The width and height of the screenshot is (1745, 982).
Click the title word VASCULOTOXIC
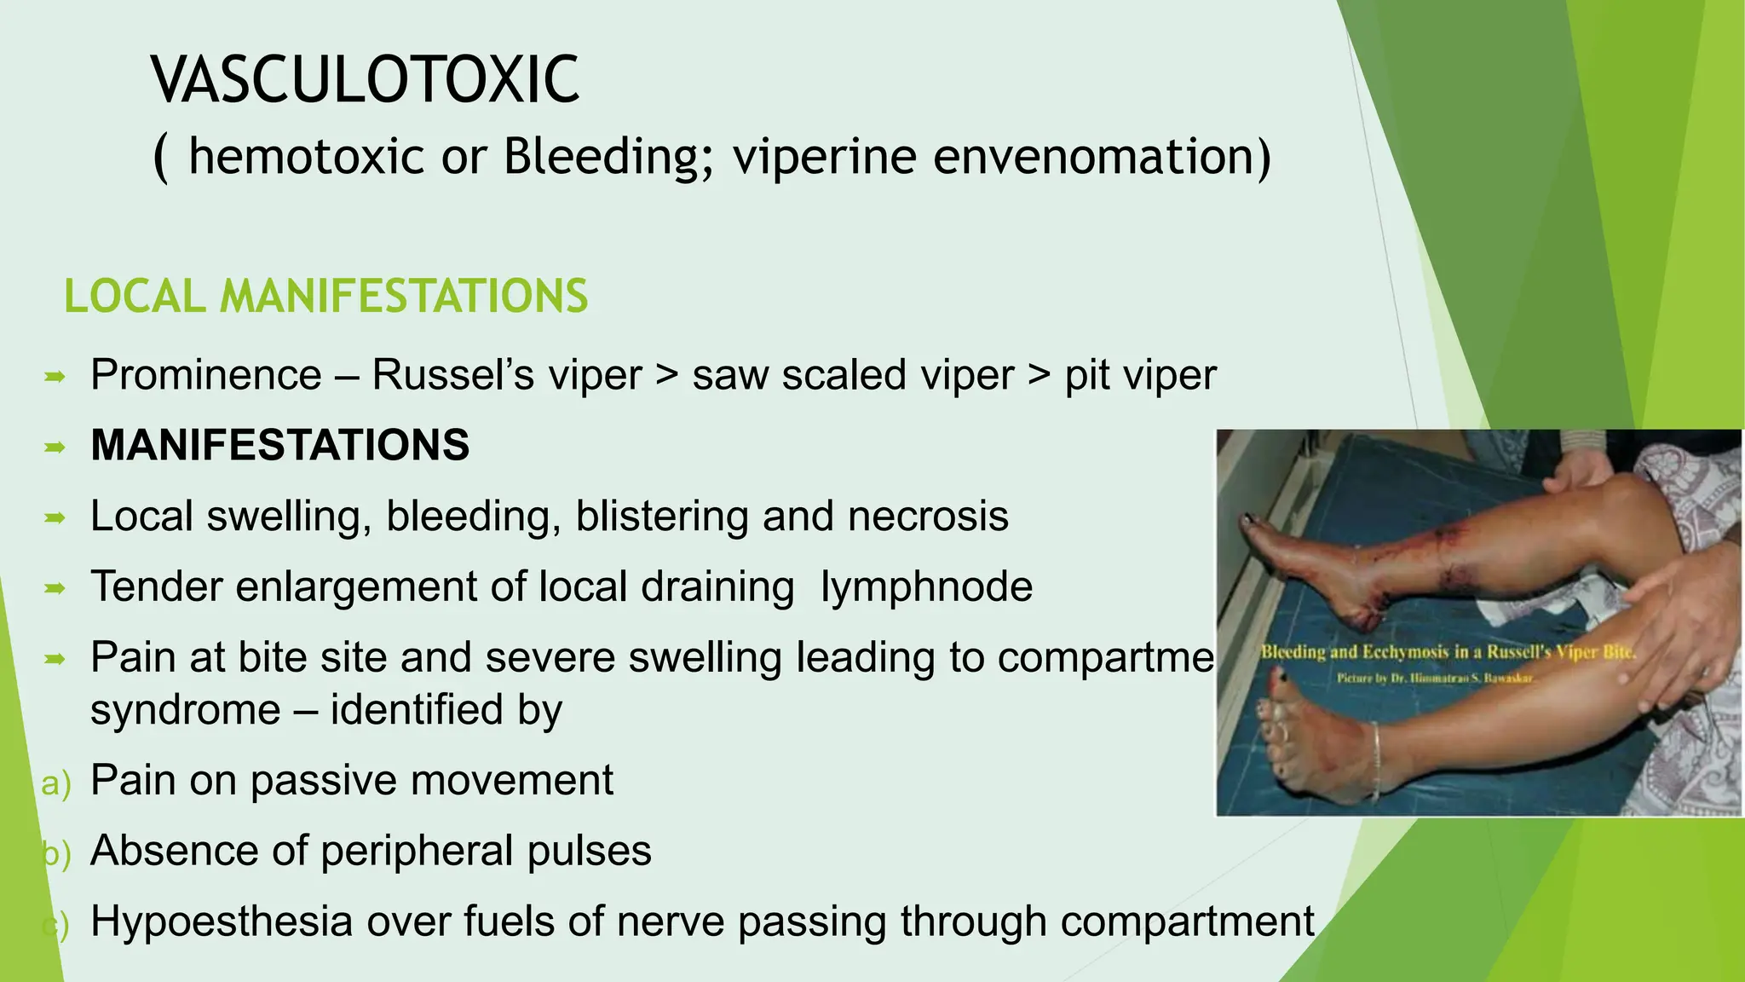[x=366, y=79]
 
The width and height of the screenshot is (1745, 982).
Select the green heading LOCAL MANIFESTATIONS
[x=325, y=297]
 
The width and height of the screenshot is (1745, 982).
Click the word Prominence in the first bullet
[x=206, y=375]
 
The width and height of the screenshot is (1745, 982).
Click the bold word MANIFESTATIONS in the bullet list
[x=280, y=445]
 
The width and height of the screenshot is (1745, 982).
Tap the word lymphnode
[x=926, y=586]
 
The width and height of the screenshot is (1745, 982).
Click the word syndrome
[x=185, y=710]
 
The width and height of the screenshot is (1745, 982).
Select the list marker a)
[x=55, y=783]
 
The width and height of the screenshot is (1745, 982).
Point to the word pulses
[x=590, y=851]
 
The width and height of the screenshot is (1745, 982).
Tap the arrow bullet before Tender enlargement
[x=55, y=587]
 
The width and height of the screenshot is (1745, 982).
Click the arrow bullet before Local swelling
[x=55, y=517]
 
